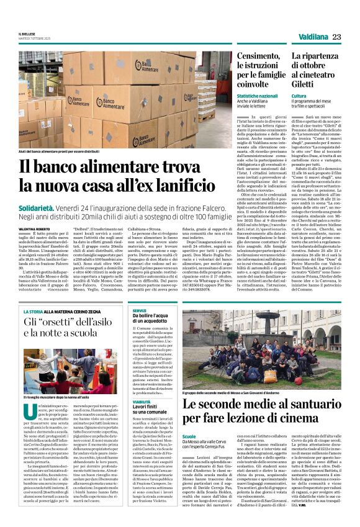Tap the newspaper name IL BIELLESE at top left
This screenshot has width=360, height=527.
(28, 35)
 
